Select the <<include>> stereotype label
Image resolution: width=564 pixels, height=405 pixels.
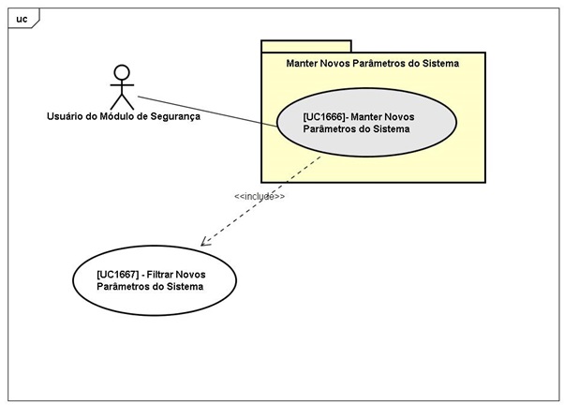click(x=260, y=197)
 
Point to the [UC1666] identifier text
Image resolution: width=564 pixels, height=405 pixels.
click(x=324, y=116)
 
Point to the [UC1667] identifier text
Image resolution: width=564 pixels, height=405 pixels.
click(x=118, y=273)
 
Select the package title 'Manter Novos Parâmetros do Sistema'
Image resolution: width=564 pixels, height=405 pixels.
click(x=373, y=64)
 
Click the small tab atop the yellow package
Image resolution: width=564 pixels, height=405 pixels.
click(x=305, y=45)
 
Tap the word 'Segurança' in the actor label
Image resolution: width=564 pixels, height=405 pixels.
click(x=174, y=117)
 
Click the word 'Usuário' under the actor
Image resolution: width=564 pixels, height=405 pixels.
click(x=67, y=117)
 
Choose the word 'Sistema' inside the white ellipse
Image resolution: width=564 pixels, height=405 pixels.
click(x=184, y=286)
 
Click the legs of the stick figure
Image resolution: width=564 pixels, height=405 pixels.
click(x=121, y=100)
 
